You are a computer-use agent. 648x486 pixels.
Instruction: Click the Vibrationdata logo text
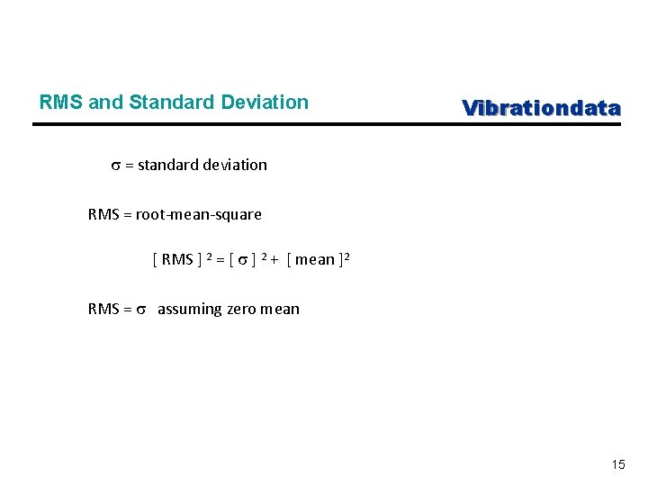point(541,108)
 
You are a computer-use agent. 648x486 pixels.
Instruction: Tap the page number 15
point(617,464)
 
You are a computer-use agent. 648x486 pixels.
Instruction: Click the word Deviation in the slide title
point(268,103)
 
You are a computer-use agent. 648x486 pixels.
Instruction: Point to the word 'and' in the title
point(107,103)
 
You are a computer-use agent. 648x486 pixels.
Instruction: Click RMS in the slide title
point(62,103)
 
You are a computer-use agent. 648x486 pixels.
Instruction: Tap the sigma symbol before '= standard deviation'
point(115,166)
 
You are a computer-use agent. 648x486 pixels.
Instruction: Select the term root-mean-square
point(199,214)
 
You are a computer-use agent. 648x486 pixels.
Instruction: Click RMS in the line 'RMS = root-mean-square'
point(103,214)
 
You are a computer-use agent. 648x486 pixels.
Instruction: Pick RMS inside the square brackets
point(177,260)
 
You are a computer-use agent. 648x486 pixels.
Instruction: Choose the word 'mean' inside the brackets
point(314,260)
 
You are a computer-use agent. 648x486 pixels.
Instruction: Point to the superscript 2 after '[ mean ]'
point(346,256)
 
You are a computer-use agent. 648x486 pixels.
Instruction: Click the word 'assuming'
point(189,310)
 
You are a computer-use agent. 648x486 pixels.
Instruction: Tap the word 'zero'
point(242,310)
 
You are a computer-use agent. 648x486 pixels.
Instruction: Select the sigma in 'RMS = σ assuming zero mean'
point(140,310)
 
